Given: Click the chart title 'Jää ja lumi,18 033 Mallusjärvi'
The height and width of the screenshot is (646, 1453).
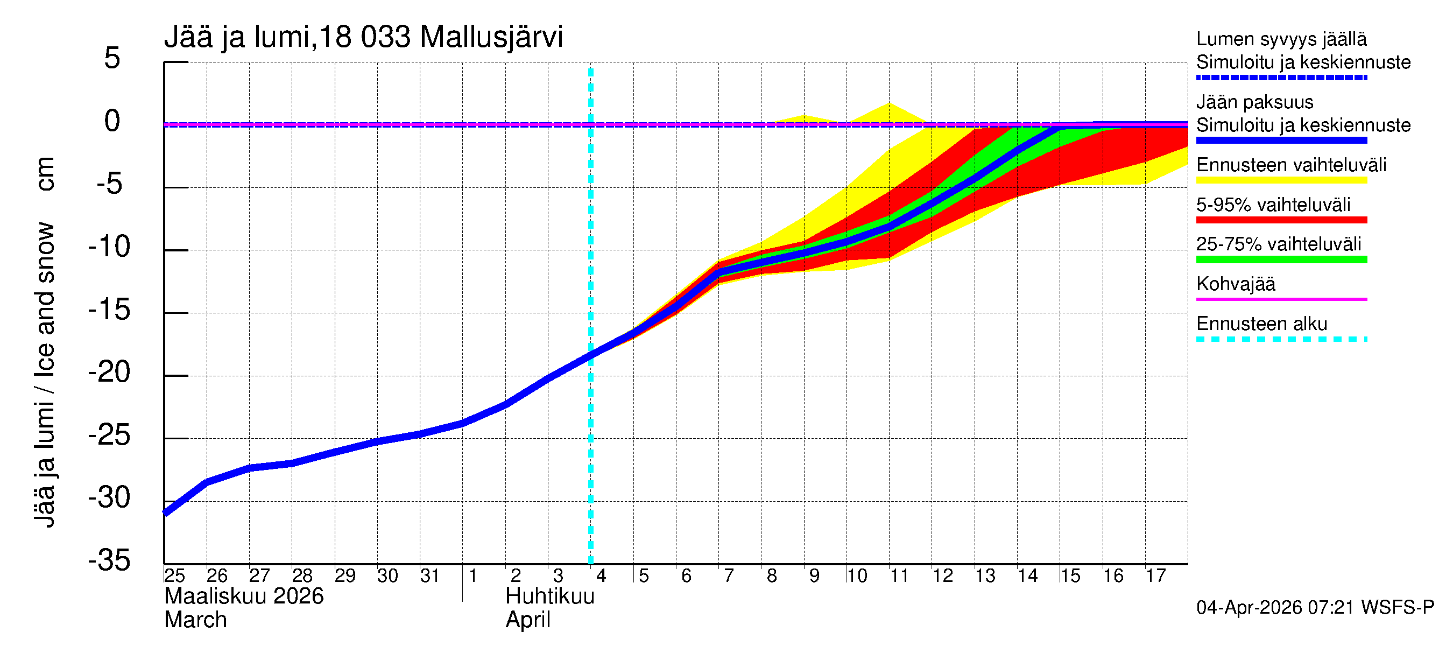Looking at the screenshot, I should tap(363, 37).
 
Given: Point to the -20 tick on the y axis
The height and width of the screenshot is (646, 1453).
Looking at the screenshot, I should tap(109, 373).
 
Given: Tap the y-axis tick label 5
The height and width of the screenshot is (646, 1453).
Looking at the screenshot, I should tap(112, 58).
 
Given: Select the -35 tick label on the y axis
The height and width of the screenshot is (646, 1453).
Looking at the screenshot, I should tap(109, 560).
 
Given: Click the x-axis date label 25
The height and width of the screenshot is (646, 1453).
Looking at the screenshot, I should tap(174, 575).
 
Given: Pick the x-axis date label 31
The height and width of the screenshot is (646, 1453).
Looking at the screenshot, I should tap(430, 575).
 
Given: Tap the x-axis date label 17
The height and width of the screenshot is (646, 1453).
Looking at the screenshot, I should tap(1155, 575).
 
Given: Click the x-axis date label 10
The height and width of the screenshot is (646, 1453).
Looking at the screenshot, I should tap(856, 575).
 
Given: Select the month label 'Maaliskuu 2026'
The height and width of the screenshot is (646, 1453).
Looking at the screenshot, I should tap(244, 596).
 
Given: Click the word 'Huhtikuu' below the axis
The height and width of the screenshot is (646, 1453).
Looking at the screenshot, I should tap(550, 596).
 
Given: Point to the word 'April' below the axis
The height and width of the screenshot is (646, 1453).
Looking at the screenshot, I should tap(527, 620).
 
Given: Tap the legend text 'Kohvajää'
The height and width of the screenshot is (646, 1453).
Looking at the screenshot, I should tap(1235, 284).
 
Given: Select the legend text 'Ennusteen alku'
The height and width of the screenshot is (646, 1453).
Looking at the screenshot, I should tap(1262, 324).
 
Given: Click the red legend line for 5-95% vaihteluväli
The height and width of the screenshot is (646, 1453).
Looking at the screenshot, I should tap(1281, 220).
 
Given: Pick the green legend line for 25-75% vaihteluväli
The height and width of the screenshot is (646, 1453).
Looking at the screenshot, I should tap(1281, 259).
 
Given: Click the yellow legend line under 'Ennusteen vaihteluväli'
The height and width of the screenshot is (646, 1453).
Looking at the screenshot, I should tap(1281, 180).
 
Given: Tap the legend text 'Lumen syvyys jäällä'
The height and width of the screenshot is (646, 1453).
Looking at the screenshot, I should tap(1281, 39).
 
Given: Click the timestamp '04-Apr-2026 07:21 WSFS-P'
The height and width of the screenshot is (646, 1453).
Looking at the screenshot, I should tap(1315, 608).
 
